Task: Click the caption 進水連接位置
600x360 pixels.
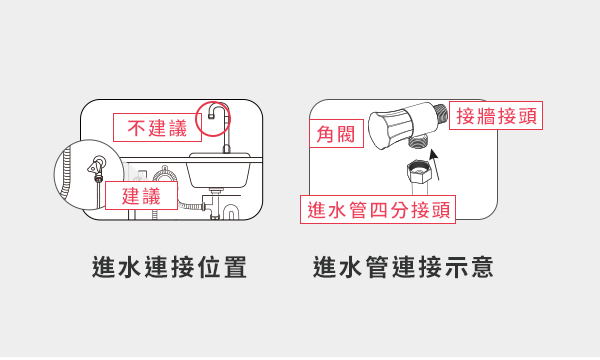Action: point(169,268)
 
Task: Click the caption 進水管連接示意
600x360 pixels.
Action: point(403,268)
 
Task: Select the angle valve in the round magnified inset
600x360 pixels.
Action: point(97,167)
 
